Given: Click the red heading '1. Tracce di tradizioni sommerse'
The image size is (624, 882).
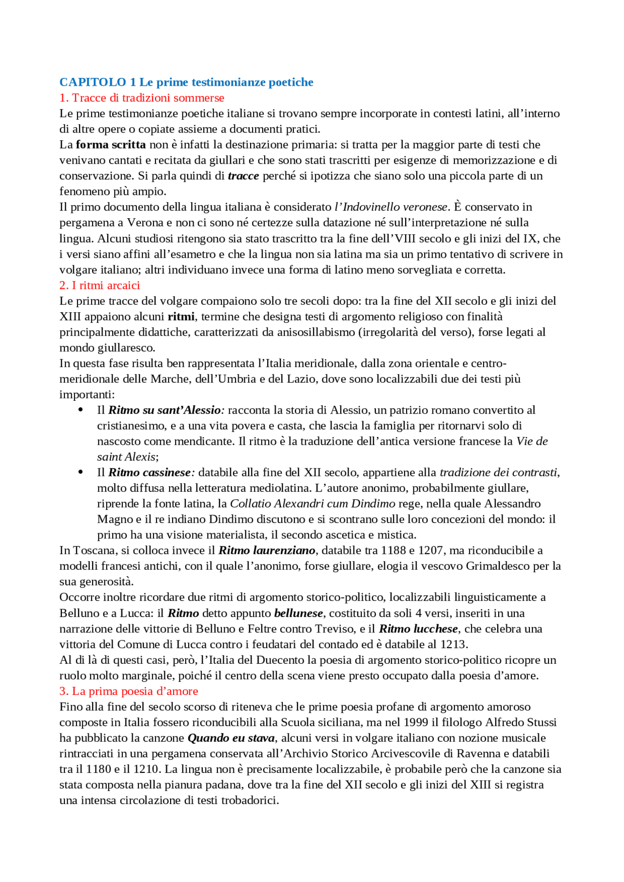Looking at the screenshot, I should point(141,98).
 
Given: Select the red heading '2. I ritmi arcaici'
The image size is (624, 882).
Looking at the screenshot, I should point(99,285).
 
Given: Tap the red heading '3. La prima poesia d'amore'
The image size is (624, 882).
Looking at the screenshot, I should point(129,691).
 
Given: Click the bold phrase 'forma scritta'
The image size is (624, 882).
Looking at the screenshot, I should point(111,145).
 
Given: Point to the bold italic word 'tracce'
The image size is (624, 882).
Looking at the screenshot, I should point(243,176).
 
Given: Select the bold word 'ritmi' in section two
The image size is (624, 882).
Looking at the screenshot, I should point(181,317).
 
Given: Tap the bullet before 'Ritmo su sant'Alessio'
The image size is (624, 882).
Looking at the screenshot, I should point(81,410).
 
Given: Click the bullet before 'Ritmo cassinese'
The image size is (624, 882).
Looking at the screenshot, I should point(81,472).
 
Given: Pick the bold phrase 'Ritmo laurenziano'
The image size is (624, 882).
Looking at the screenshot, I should point(267,550).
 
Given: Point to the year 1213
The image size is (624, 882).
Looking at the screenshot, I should point(453,644).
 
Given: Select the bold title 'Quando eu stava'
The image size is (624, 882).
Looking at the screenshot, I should point(231,738).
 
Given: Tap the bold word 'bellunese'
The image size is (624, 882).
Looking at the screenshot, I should point(298,613).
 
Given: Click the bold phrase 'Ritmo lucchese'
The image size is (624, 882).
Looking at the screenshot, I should point(418,629).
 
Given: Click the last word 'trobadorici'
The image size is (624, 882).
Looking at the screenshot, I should point(249,801).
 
